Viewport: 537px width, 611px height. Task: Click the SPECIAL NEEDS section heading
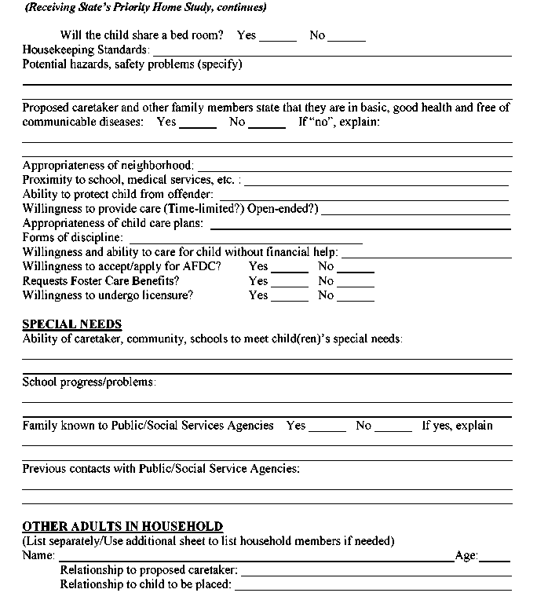pyautogui.click(x=72, y=324)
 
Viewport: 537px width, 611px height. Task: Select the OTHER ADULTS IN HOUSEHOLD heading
pyautogui.click(x=122, y=526)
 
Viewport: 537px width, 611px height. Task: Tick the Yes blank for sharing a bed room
pyautogui.click(x=278, y=37)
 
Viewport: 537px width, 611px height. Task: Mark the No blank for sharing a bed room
pyautogui.click(x=347, y=37)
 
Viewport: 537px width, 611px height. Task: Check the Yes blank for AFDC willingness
pyautogui.click(x=290, y=268)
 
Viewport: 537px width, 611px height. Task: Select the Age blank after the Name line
pyautogui.click(x=495, y=558)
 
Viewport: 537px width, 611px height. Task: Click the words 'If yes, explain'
pyautogui.click(x=458, y=426)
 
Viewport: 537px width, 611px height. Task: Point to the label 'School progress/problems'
pyautogui.click(x=89, y=382)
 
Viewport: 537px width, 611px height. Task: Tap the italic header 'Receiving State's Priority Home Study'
pyautogui.click(x=145, y=8)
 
